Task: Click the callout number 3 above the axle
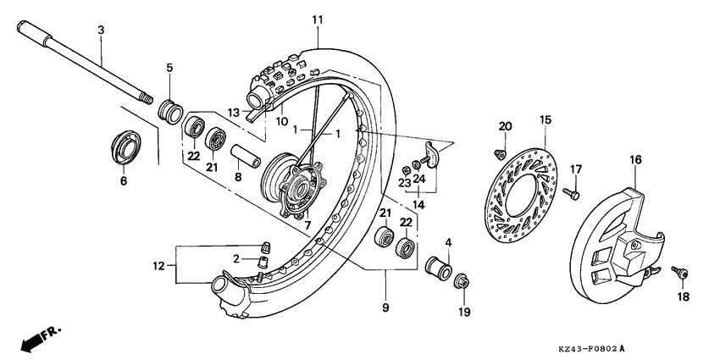(101, 30)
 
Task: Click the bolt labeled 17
(576, 195)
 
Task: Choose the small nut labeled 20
(499, 153)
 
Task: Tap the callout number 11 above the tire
(318, 19)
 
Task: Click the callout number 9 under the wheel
(385, 307)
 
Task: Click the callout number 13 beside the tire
(234, 112)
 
